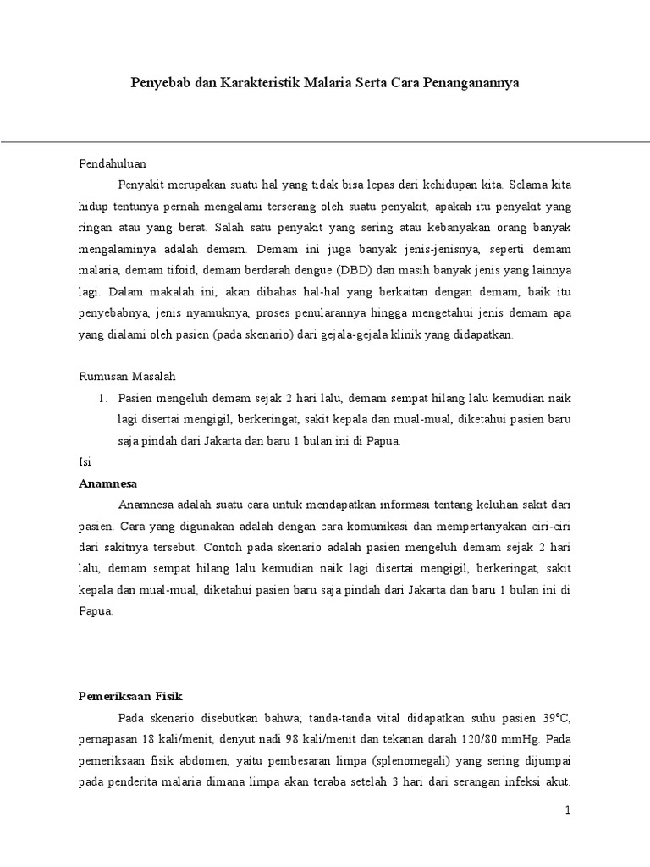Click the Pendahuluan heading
tap(113, 163)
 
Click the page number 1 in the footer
tap(569, 810)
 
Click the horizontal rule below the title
tap(325, 141)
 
